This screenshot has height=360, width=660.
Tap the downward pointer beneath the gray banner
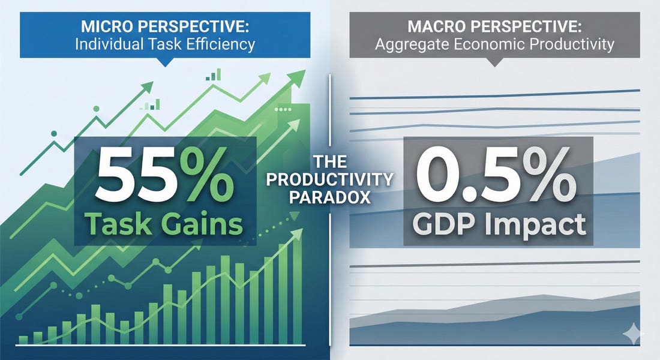point(495,61)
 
